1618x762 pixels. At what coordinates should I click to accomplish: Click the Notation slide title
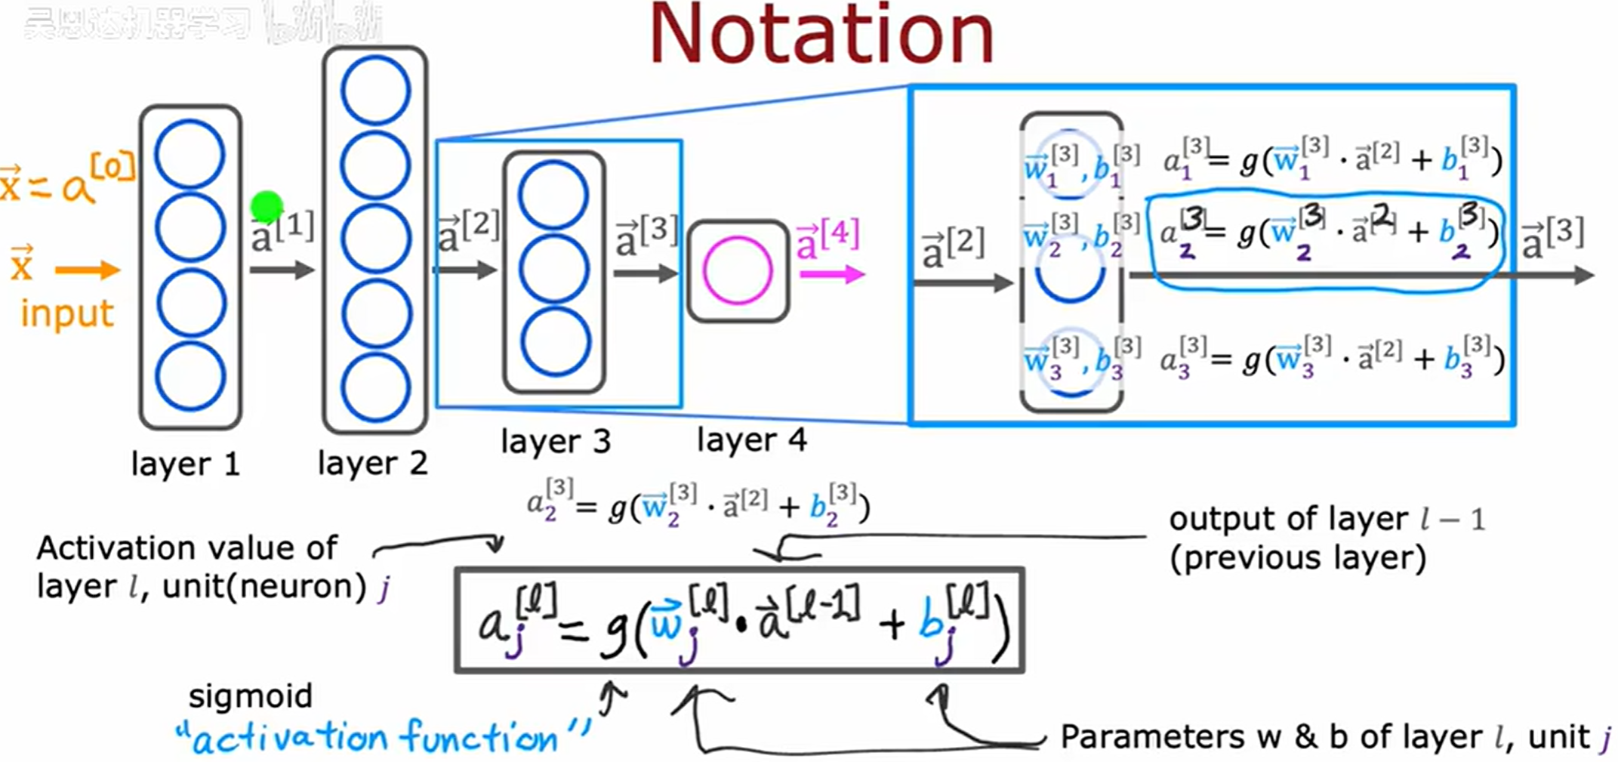821,35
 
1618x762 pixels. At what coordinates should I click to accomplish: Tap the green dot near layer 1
267,206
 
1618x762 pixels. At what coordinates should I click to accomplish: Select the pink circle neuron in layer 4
737,270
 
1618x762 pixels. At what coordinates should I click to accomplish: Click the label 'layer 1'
185,464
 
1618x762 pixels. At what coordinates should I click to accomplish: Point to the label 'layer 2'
372,463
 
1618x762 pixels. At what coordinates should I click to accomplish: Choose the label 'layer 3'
556,441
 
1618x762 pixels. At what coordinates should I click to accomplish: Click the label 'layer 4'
752,440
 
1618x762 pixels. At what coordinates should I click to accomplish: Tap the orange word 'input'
67,313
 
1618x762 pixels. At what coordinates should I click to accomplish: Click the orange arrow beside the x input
87,270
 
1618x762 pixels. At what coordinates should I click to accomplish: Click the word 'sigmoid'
250,696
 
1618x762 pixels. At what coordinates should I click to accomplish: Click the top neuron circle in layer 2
375,91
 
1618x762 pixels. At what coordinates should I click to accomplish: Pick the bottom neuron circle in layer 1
190,376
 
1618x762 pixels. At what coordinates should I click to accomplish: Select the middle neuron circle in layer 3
554,270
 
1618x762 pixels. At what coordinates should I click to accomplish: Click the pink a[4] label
827,238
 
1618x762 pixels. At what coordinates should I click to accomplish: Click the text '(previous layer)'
1297,558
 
